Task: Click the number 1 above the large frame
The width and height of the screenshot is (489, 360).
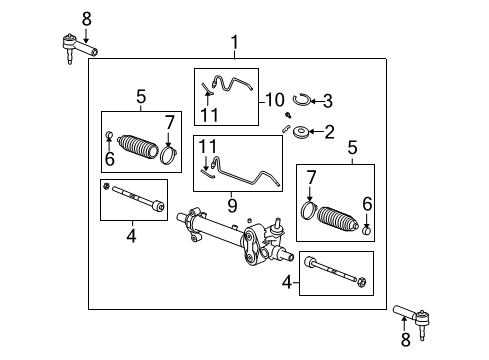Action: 235,43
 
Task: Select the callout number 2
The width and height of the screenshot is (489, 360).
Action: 329,132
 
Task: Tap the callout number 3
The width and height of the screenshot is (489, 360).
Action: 328,101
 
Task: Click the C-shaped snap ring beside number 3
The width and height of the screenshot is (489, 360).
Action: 302,100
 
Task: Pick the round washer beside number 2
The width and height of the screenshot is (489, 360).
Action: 301,132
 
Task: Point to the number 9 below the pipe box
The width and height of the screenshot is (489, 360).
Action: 232,205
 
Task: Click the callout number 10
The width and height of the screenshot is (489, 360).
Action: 275,100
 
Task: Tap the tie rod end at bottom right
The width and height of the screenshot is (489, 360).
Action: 412,319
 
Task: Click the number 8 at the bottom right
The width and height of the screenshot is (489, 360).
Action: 405,339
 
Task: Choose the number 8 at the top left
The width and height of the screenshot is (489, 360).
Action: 87,19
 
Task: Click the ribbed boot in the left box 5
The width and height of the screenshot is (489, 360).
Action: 138,147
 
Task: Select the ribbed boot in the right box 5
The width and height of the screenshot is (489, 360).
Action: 337,219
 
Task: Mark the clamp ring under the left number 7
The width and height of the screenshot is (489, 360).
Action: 169,155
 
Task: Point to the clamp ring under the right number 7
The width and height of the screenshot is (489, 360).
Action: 309,211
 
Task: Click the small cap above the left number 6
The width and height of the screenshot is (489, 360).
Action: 109,135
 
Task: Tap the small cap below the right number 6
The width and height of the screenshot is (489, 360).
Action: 367,230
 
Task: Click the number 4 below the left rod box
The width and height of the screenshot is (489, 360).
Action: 131,236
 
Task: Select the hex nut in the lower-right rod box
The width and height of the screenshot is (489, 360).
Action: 362,283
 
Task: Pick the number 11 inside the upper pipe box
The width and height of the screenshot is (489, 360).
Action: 209,115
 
